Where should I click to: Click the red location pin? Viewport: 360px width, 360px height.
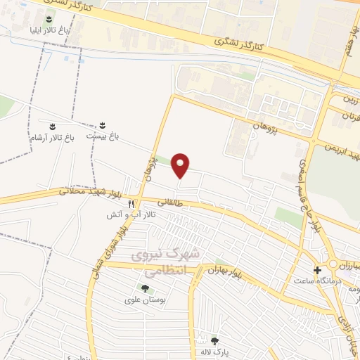click(x=181, y=165)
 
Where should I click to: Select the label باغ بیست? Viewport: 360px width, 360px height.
click(x=101, y=136)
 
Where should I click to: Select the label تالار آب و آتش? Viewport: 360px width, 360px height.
click(x=131, y=215)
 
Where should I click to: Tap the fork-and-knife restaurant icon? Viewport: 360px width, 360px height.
click(x=131, y=203)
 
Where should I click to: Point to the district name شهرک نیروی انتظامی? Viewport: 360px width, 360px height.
click(x=175, y=259)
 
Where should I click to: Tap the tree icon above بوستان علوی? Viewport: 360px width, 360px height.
click(x=145, y=288)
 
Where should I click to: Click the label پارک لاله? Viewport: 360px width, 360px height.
click(x=214, y=352)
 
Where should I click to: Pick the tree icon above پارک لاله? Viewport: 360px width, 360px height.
click(x=214, y=341)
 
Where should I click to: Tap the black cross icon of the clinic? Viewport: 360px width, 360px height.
click(x=317, y=270)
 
